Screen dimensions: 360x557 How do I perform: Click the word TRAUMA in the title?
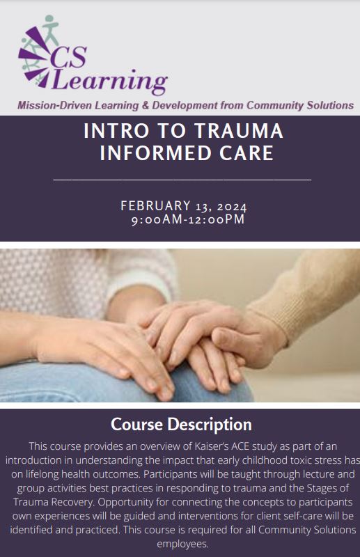239,130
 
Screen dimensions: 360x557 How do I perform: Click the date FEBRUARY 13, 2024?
183,206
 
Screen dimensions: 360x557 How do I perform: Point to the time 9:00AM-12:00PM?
188,219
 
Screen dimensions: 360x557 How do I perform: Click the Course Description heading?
181,425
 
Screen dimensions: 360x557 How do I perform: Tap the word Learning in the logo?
109,81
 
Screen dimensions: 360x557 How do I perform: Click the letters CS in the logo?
69,57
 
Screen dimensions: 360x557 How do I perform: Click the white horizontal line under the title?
182,180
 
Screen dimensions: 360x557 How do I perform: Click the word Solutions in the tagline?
330,106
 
